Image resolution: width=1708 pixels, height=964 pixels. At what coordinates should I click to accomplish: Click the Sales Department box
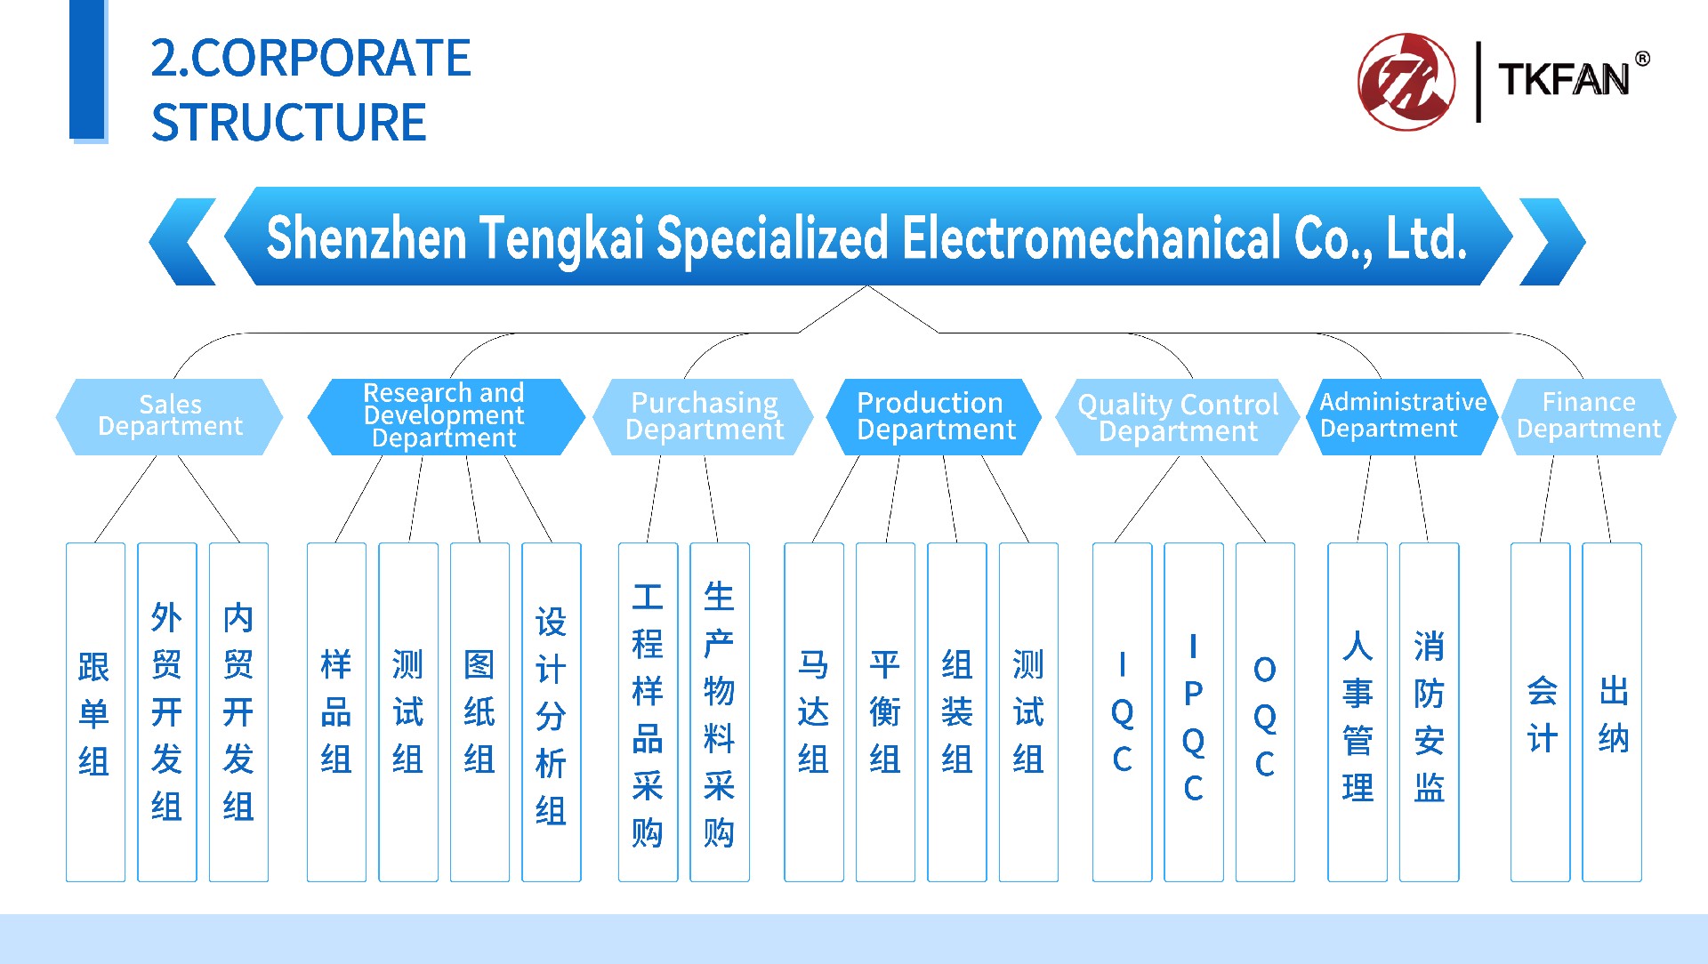tap(169, 417)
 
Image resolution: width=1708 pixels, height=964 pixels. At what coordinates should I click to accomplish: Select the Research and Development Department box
tap(446, 417)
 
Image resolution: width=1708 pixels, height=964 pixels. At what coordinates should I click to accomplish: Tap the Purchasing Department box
tap(703, 417)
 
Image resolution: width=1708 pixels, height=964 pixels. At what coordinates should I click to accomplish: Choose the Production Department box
tap(934, 417)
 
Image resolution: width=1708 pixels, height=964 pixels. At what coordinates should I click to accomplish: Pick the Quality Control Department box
tap(1177, 417)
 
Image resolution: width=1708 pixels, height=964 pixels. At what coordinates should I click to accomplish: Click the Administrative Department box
tap(1403, 417)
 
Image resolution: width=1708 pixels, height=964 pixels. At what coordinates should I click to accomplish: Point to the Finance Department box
tap(1589, 417)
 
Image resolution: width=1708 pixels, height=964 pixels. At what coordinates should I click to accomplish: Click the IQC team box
tap(1122, 712)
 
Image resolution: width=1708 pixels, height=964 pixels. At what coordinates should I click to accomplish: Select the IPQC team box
tap(1194, 712)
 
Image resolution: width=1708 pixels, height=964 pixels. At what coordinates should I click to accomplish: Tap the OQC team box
tap(1265, 712)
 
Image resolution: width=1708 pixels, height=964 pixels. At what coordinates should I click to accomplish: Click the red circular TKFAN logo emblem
tap(1406, 82)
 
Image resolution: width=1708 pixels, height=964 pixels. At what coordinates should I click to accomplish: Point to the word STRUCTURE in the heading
tap(289, 122)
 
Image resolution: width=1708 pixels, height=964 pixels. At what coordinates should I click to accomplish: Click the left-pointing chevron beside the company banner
tap(183, 241)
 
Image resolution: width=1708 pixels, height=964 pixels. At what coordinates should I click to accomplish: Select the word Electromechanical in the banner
tap(1092, 238)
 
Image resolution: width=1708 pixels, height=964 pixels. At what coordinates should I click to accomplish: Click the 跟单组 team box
tap(95, 712)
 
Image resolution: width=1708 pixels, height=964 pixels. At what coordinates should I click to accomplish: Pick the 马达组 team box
tap(814, 712)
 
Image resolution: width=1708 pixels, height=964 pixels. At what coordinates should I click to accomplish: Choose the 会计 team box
tap(1541, 712)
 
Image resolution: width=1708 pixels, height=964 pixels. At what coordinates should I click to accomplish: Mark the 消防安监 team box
tap(1430, 712)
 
